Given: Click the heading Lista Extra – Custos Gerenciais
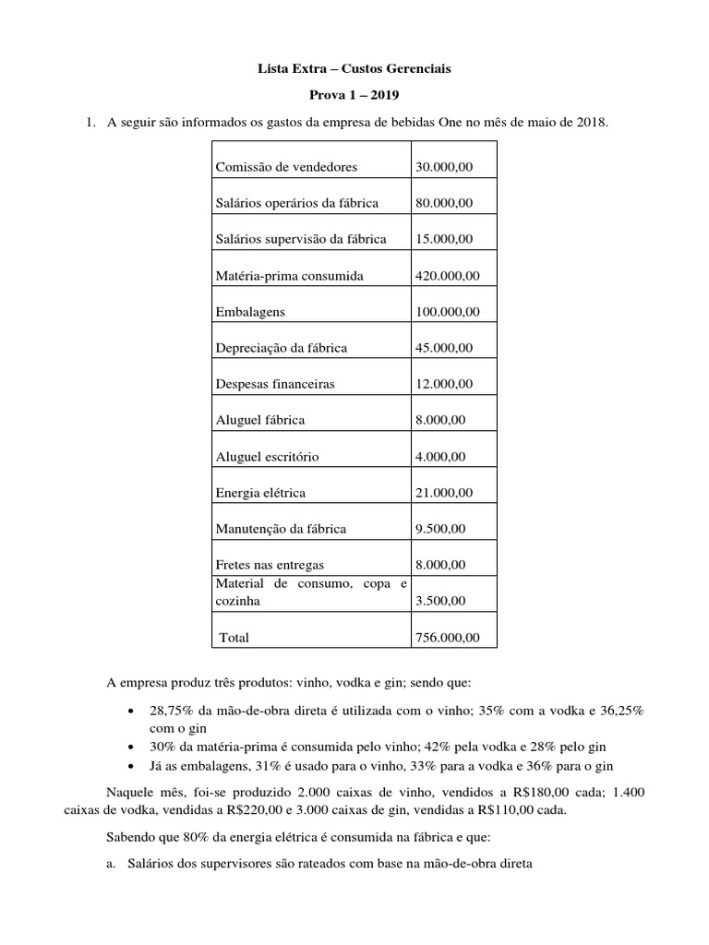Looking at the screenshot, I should (x=354, y=68).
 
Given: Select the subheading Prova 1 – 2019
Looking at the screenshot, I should (x=354, y=95).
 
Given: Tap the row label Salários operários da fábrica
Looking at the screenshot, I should (x=296, y=203).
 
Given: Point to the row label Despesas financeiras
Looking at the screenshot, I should (x=275, y=384).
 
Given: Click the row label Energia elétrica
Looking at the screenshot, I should (x=260, y=493).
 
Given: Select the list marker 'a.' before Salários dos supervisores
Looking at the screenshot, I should (x=111, y=864).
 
